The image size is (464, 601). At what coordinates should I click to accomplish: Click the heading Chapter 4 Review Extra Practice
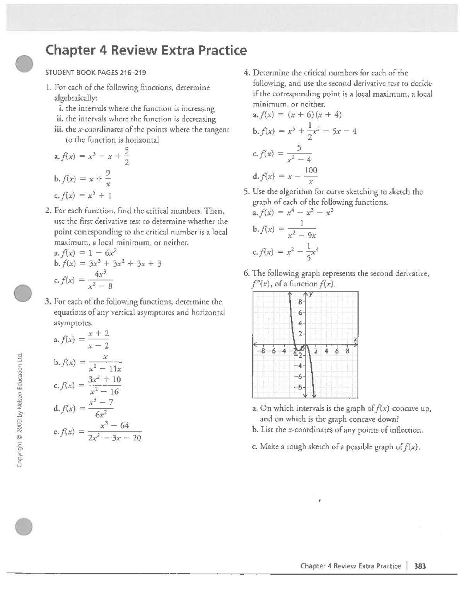tap(146, 50)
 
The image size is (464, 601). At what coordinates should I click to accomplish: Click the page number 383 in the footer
tap(420, 566)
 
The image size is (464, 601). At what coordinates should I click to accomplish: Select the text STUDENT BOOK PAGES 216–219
tap(96, 72)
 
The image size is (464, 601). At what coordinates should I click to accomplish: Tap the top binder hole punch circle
tap(25, 63)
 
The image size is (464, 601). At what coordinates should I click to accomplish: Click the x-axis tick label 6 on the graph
tap(337, 351)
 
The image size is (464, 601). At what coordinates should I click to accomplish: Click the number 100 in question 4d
tap(311, 170)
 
